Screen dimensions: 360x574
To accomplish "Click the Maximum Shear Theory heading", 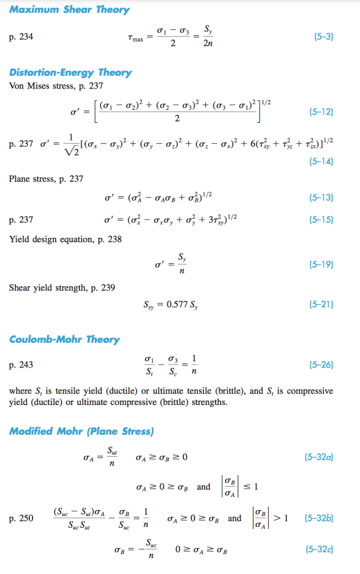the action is coord(70,10).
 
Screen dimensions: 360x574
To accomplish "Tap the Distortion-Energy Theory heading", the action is coord(71,72).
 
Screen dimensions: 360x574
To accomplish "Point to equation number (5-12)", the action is coord(321,110).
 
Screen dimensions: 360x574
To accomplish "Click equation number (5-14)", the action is coord(321,162).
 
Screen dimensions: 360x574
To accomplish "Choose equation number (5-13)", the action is coord(321,197).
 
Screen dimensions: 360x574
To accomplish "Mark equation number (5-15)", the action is coord(321,220).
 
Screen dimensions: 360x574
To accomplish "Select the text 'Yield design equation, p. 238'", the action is coord(65,239).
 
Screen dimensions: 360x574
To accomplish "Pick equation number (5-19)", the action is coord(321,263).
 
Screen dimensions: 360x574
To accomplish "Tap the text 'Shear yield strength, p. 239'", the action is coord(62,288).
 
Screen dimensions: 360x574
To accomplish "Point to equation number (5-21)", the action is coord(321,304).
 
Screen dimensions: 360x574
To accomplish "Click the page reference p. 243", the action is coord(21,365).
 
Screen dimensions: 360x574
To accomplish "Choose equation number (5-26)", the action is coord(321,365).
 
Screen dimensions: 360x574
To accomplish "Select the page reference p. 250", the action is coord(21,519).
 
